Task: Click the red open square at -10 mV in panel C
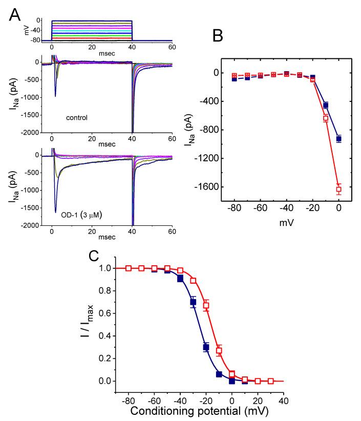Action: (219, 351)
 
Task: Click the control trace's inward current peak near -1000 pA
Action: (55, 96)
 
